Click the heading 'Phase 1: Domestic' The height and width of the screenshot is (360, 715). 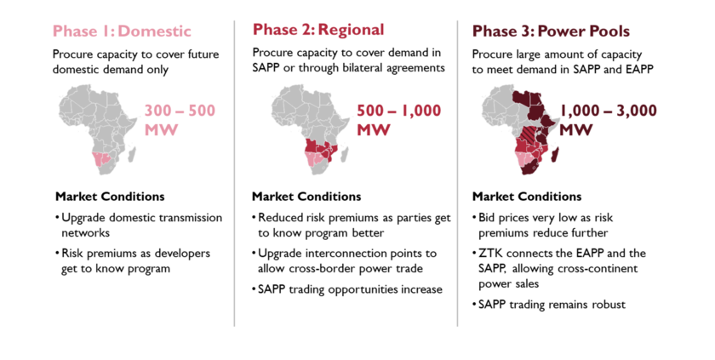click(x=122, y=31)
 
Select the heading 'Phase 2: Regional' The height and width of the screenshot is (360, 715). click(x=318, y=30)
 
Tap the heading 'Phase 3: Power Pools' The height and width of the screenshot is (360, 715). click(x=551, y=31)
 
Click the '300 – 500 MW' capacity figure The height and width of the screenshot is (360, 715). click(x=180, y=120)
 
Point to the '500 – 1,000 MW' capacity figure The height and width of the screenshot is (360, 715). click(x=399, y=120)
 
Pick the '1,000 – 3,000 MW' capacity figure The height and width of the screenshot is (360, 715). click(x=609, y=120)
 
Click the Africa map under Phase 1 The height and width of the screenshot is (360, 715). click(x=98, y=129)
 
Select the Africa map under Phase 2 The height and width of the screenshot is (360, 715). click(x=311, y=129)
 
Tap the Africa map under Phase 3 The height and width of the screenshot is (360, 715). click(x=521, y=129)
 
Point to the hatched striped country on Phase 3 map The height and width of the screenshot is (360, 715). click(x=529, y=134)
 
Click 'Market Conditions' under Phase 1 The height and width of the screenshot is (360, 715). click(x=110, y=197)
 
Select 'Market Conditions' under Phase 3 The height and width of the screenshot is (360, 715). click(x=527, y=197)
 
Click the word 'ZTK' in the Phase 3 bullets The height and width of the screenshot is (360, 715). click(x=490, y=254)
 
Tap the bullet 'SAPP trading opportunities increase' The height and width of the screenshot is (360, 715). click(x=347, y=289)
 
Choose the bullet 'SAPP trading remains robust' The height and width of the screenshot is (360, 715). click(x=549, y=305)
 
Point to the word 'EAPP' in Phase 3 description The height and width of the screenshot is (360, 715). click(x=639, y=69)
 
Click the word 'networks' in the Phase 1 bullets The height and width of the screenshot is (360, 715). click(x=86, y=233)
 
